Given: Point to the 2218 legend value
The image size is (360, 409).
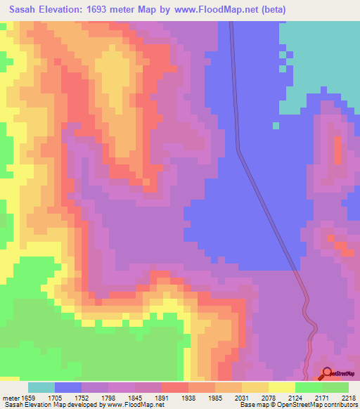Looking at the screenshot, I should click(349, 397).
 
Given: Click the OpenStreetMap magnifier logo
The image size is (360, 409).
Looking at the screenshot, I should click(328, 373).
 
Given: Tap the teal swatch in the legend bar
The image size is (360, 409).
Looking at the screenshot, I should click(41, 387).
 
